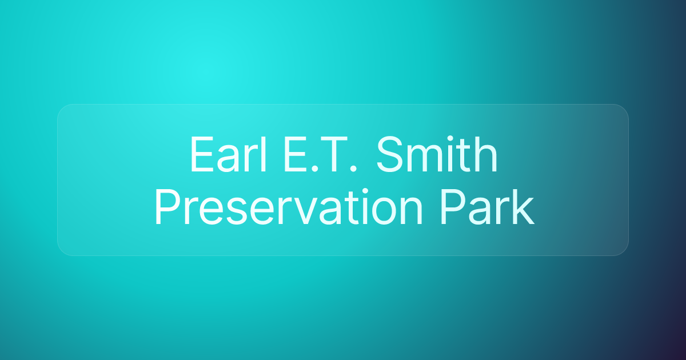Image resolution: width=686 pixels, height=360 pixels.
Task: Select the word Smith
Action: pos(437,156)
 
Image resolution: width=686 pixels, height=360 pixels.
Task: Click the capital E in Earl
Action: pos(199,156)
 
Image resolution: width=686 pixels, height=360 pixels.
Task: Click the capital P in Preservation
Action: pos(165,209)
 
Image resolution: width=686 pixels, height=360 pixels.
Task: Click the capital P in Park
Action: pos(447,209)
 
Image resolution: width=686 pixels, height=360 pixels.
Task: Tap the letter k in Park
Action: pos(524,209)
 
